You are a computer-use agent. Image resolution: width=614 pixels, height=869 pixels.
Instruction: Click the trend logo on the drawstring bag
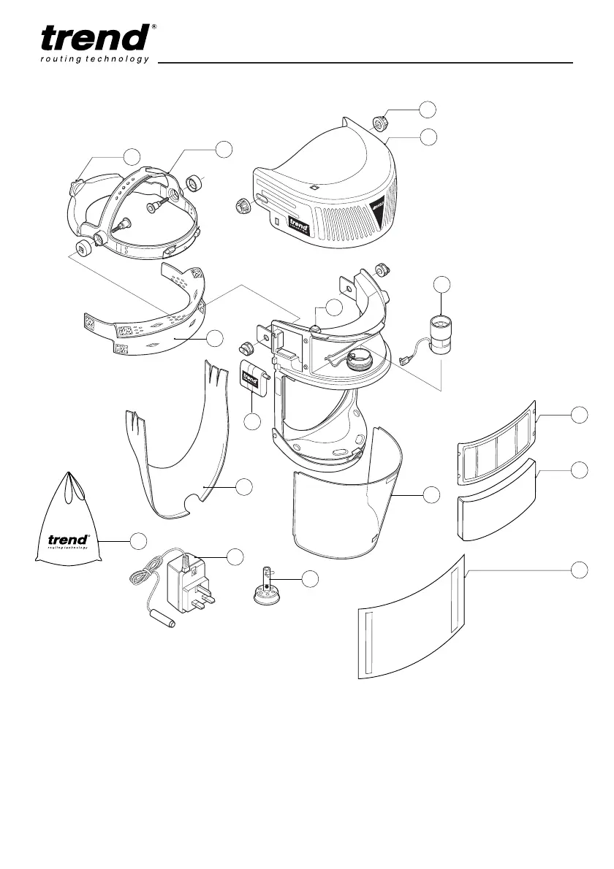(68, 540)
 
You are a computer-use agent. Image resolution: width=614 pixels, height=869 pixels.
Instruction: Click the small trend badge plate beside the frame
(251, 380)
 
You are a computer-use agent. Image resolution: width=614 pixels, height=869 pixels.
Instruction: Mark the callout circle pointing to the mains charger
(235, 556)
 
